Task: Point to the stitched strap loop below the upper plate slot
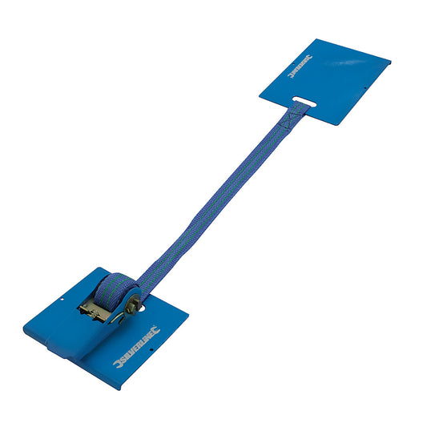291,117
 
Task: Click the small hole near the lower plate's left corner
62,302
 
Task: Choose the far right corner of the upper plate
389,59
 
